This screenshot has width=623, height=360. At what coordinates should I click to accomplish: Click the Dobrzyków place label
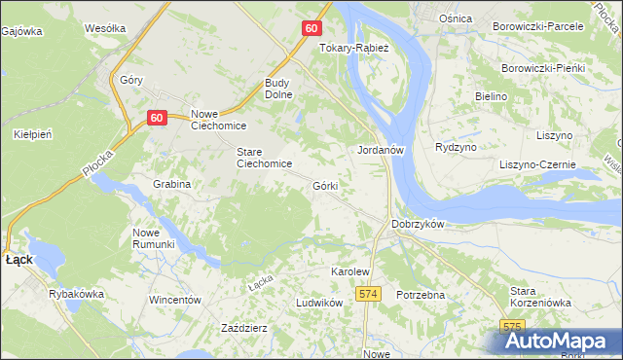(x=418, y=224)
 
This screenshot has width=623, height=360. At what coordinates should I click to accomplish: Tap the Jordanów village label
(x=381, y=151)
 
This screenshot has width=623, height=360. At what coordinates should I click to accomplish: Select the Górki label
(x=325, y=185)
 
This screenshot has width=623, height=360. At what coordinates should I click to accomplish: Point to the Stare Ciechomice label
(x=265, y=158)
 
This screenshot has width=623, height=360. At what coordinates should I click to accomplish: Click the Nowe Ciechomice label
(x=219, y=120)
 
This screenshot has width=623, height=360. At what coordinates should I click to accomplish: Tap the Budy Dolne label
(x=281, y=90)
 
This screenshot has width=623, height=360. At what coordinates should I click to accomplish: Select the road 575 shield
(x=513, y=327)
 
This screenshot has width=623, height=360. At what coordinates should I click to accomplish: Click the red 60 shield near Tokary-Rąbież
(x=311, y=28)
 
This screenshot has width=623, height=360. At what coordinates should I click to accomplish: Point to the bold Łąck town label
(x=19, y=261)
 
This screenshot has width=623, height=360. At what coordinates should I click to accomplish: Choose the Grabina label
(x=171, y=184)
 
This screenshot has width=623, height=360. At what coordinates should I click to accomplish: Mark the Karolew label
(x=351, y=271)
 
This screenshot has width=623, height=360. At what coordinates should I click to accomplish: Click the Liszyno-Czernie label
(x=538, y=165)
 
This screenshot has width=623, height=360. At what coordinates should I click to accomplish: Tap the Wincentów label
(x=174, y=300)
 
